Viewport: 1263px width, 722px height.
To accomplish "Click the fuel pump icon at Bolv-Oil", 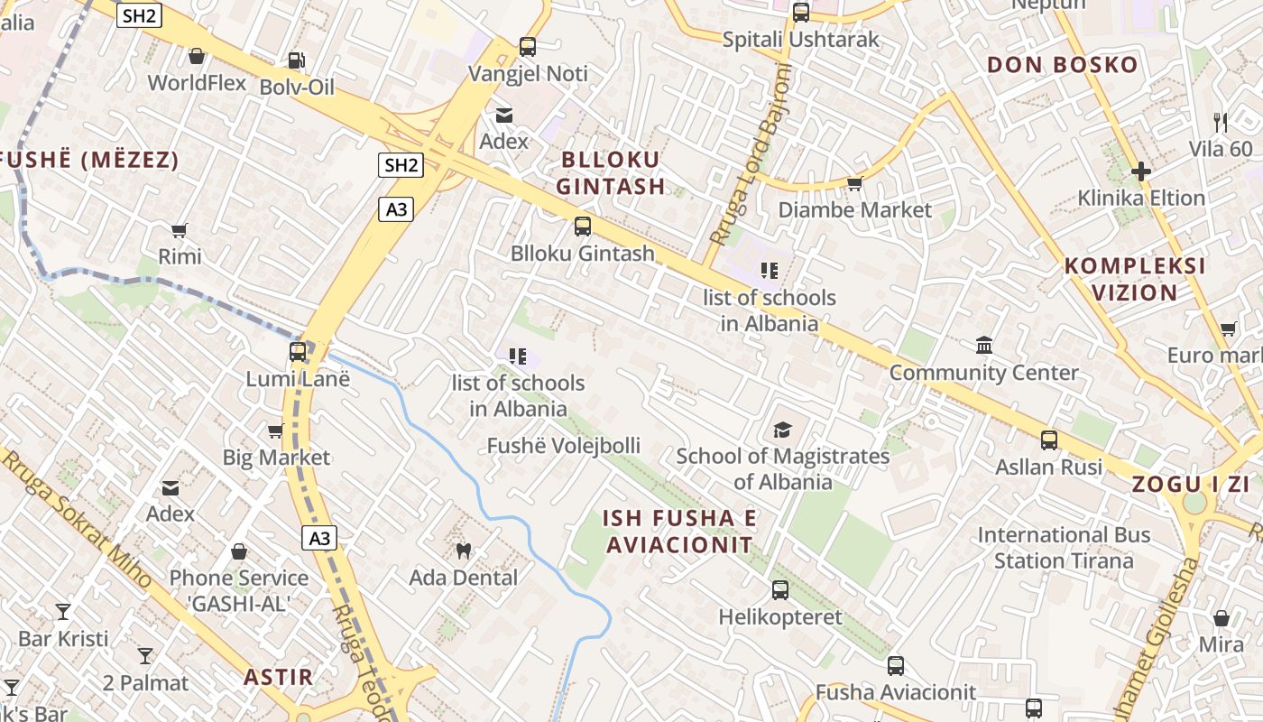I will pyautogui.click(x=296, y=61).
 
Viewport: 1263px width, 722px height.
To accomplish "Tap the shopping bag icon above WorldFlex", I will pyautogui.click(x=196, y=57).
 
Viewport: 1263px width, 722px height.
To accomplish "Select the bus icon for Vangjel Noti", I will pyautogui.click(x=528, y=47).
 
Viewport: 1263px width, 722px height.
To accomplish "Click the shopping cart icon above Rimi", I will pyautogui.click(x=180, y=231).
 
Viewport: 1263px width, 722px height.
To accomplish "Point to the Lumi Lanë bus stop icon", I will pyautogui.click(x=298, y=352).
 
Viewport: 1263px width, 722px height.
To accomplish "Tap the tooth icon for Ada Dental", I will pyautogui.click(x=464, y=551).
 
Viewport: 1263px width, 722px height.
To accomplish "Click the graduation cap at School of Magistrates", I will pyautogui.click(x=782, y=430).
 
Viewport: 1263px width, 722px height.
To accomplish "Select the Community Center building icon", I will pyautogui.click(x=984, y=346).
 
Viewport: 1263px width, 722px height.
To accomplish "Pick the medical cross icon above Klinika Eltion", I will pyautogui.click(x=1141, y=171).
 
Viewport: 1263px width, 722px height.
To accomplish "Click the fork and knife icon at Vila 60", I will pyautogui.click(x=1221, y=123).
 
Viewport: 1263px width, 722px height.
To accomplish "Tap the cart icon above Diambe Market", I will pyautogui.click(x=854, y=184).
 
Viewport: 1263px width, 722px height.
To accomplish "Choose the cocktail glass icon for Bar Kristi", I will pyautogui.click(x=63, y=612).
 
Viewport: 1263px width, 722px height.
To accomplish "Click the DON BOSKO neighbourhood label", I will pyautogui.click(x=1062, y=65).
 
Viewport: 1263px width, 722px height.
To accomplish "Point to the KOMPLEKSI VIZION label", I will pyautogui.click(x=1135, y=279).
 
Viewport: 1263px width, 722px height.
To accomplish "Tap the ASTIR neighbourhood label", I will pyautogui.click(x=279, y=677).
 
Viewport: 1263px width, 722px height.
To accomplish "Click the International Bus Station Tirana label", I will pyautogui.click(x=1064, y=548).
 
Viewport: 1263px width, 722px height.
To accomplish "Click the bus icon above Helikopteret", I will pyautogui.click(x=780, y=590).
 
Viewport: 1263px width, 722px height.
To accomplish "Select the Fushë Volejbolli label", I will pyautogui.click(x=564, y=446).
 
